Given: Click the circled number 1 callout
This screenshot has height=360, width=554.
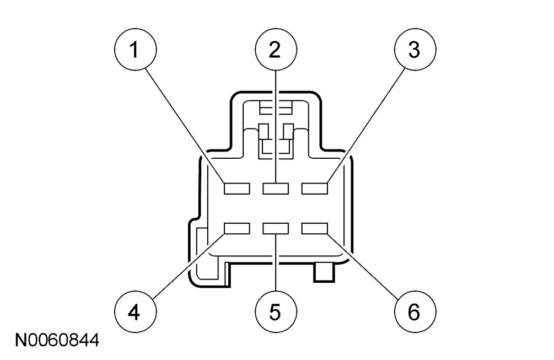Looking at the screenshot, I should (x=133, y=51).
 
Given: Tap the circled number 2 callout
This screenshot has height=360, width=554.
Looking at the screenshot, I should (x=275, y=51).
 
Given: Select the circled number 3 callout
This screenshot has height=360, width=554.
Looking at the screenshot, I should (x=414, y=51).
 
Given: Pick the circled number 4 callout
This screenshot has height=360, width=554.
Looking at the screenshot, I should (x=133, y=312).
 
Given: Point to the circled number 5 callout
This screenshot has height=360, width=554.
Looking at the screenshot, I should (x=275, y=312).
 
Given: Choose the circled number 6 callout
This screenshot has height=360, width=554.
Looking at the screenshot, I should (x=414, y=312).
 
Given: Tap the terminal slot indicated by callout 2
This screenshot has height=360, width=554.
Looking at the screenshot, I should (x=276, y=189).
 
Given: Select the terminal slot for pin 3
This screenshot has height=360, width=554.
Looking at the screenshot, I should (x=315, y=189).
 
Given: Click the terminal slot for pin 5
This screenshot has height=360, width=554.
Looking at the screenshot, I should (x=276, y=228).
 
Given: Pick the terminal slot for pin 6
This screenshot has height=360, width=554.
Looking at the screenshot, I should (x=315, y=228).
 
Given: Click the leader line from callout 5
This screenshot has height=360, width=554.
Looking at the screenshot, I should (x=275, y=265).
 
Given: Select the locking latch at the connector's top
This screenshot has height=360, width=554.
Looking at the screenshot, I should (x=275, y=127).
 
